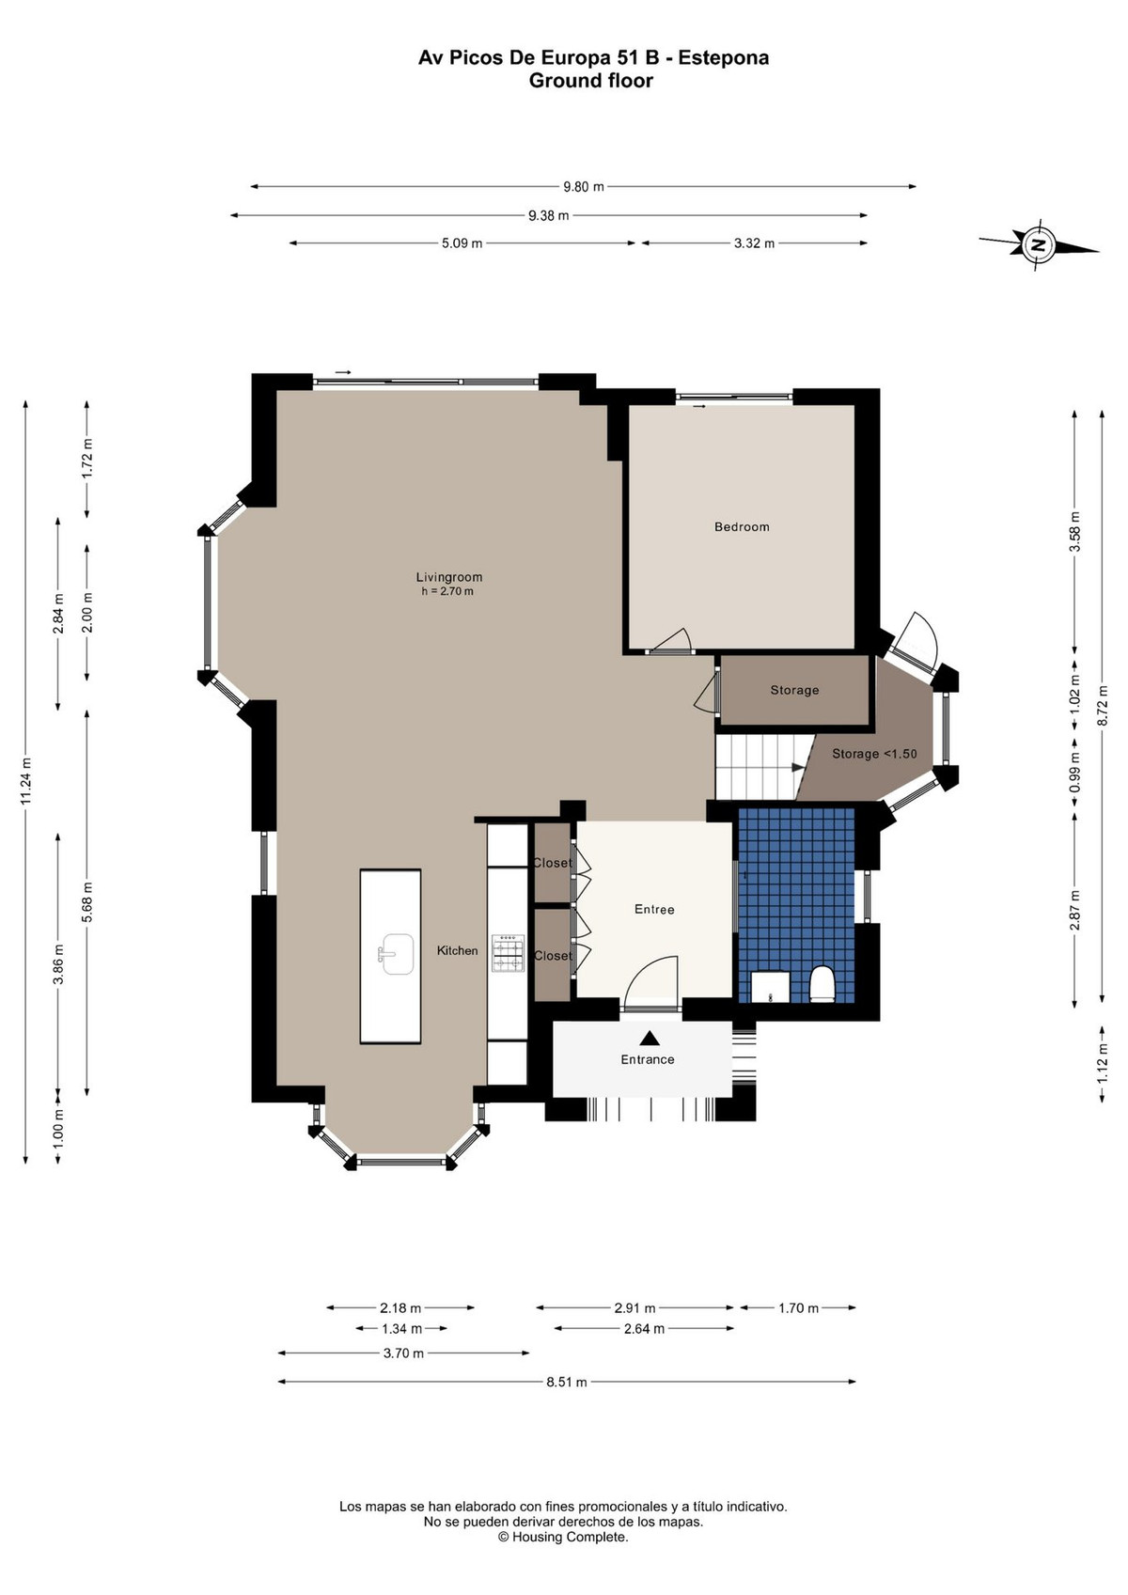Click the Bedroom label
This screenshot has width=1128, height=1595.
tap(742, 527)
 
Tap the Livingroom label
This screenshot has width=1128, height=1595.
tap(449, 577)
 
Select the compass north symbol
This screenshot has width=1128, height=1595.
tap(1039, 245)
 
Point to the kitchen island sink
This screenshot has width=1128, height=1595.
tap(397, 954)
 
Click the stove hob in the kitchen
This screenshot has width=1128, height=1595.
tap(508, 953)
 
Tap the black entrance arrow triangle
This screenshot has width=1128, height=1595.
tap(648, 1038)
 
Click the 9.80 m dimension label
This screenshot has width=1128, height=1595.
tap(583, 186)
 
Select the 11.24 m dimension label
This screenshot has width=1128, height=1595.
tap(25, 781)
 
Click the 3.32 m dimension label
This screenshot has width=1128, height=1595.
tap(754, 242)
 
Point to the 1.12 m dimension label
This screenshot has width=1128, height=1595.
tap(1103, 1065)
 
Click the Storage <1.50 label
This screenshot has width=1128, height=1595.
tap(874, 754)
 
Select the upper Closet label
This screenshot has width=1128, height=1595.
tap(553, 863)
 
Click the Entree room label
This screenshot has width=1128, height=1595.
tap(654, 909)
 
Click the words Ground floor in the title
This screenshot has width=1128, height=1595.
tap(591, 81)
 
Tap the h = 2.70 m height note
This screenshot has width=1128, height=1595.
tap(447, 591)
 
